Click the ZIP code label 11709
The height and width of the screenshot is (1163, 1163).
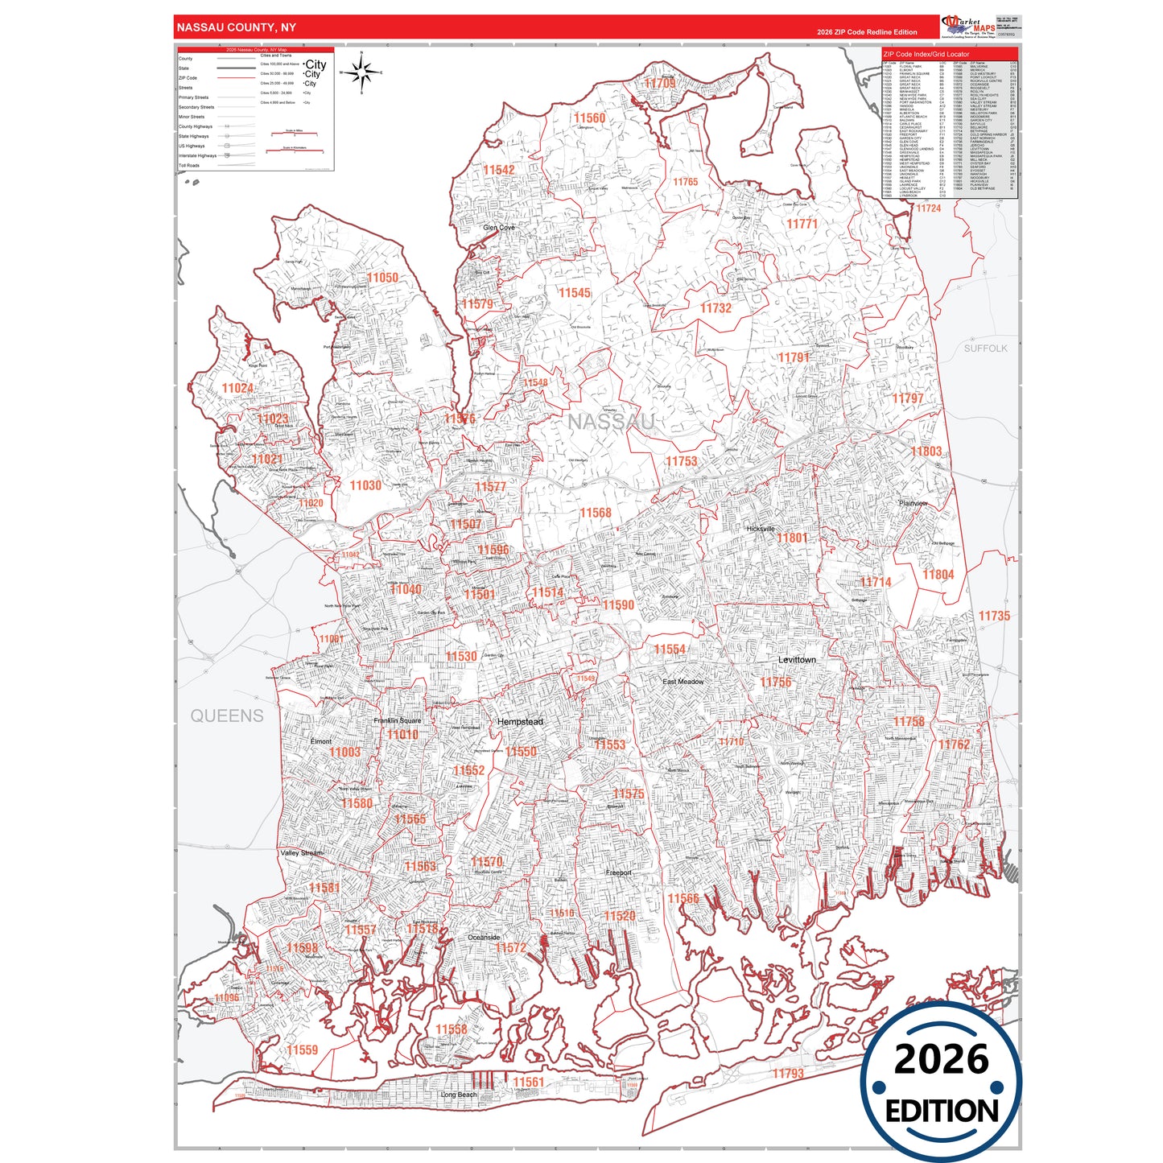pos(660,84)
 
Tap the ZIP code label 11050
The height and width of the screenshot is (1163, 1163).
pos(382,278)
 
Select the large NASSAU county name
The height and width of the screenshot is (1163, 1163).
pos(611,422)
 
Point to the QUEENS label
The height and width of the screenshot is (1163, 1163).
pos(227,716)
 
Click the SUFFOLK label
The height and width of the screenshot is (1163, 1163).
pos(985,348)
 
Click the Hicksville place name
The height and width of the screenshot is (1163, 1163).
pos(761,529)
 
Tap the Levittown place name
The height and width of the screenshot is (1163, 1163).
pos(797,660)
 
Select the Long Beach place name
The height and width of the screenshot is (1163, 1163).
pos(459,1095)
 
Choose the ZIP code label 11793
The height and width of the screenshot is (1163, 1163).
pos(788,1073)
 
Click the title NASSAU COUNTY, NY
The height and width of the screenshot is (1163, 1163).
pos(237,27)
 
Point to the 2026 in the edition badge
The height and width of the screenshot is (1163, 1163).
pos(941,1059)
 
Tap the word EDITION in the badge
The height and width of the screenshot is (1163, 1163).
pos(941,1111)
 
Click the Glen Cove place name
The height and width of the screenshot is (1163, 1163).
pos(499,228)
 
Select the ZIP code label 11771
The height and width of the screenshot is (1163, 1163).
pos(802,224)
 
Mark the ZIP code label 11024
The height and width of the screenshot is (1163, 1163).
pos(237,388)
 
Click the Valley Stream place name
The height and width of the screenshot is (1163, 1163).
pos(302,852)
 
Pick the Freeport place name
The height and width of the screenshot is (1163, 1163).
pos(619,872)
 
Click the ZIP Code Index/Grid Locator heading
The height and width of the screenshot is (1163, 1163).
pos(926,55)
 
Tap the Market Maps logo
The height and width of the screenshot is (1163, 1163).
pos(963,27)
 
